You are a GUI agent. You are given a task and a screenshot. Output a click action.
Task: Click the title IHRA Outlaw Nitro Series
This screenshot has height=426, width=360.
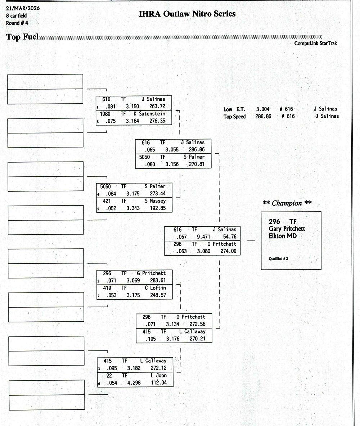(x=187, y=14)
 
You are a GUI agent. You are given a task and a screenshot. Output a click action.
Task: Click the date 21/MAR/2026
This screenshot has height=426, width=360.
(x=18, y=8)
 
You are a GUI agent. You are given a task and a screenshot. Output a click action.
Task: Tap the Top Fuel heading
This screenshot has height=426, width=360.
(x=22, y=37)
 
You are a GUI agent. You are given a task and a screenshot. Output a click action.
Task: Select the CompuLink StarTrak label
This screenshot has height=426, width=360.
(x=315, y=44)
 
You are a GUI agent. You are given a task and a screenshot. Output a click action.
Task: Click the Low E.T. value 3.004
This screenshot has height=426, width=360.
(x=262, y=109)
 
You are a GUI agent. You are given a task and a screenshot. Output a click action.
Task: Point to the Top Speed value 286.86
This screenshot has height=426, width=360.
(x=263, y=116)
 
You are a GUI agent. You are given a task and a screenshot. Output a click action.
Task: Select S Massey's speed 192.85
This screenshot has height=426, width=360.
(x=158, y=208)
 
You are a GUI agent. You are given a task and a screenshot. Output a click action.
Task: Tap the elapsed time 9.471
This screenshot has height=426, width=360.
(x=203, y=237)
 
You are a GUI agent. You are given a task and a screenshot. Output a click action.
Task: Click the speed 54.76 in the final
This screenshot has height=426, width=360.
(x=230, y=237)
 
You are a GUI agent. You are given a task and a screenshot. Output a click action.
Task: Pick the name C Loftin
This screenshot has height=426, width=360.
(x=156, y=288)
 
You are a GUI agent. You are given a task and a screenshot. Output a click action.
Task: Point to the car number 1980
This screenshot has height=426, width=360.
(x=105, y=114)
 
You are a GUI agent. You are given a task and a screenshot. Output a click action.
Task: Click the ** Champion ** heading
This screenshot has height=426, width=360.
(x=287, y=203)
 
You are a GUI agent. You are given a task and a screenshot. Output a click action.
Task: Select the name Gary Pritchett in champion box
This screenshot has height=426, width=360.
(x=287, y=229)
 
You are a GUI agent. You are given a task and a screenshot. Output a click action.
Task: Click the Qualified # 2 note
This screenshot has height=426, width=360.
(x=278, y=258)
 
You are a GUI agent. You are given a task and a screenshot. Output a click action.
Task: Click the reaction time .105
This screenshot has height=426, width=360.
(x=151, y=339)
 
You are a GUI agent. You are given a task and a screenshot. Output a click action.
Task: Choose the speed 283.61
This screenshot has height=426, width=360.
(x=158, y=280)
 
